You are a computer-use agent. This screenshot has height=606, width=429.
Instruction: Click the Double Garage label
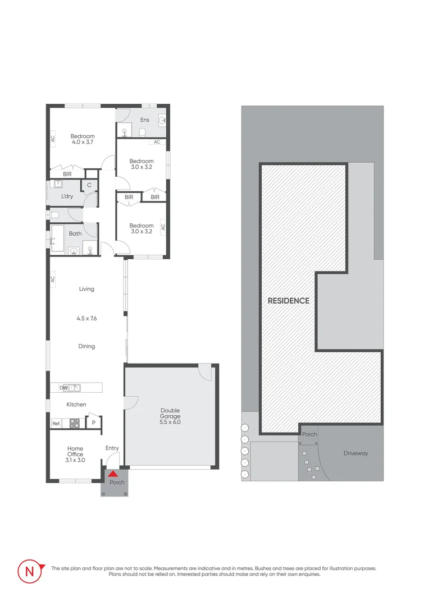pyautogui.click(x=170, y=414)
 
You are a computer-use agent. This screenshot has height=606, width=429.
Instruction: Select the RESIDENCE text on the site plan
pyautogui.click(x=288, y=301)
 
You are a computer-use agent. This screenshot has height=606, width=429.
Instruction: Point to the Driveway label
pyautogui.click(x=355, y=453)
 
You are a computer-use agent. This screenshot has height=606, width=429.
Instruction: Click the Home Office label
pyautogui.click(x=75, y=452)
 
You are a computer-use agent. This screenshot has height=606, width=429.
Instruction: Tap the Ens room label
pyautogui.click(x=145, y=120)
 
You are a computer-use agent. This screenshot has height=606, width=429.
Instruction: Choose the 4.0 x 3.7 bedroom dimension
pyautogui.click(x=82, y=143)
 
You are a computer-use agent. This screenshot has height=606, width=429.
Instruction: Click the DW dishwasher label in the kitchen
pyautogui.click(x=63, y=388)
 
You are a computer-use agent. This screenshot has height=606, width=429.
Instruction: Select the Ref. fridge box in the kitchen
pyautogui.click(x=56, y=424)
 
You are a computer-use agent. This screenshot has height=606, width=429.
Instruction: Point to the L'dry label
pyautogui.click(x=68, y=196)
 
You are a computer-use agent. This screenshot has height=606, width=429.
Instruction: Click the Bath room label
pyautogui.click(x=75, y=233)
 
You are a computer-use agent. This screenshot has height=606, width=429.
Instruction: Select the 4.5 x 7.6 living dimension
pyautogui.click(x=86, y=318)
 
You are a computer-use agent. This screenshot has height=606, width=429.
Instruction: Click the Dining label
pyautogui.click(x=86, y=346)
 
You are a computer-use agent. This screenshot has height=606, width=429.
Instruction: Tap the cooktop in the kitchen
pyautogui.click(x=74, y=424)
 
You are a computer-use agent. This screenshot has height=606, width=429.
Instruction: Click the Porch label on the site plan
pyautogui.click(x=309, y=434)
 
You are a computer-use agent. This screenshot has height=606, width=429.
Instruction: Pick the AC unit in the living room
pyautogui.click(x=52, y=278)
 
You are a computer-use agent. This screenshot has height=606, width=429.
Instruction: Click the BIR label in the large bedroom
pyautogui.click(x=67, y=175)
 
